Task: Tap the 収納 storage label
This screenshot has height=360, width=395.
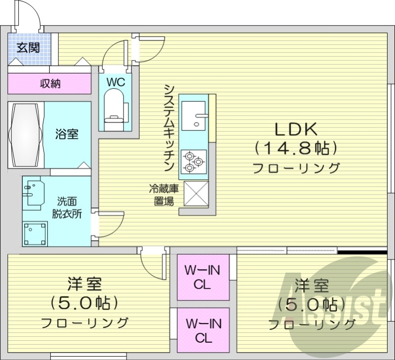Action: coord(50,83)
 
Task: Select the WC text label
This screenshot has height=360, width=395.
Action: coord(115,81)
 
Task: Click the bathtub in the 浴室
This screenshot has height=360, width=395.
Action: coord(26,134)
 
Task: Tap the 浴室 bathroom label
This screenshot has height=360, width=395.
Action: coord(67,134)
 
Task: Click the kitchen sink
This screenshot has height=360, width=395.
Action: coord(194,115)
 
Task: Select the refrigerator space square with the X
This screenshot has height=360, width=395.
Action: coord(196,194)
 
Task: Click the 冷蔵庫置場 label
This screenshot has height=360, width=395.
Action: coord(161,195)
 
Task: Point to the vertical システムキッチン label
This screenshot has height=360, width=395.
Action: coord(169,127)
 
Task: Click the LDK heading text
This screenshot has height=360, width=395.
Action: coord(295,129)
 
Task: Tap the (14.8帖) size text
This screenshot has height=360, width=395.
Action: coord(296,148)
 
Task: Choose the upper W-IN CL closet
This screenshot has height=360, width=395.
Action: coord(203,277)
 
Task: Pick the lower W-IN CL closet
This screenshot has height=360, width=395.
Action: coord(203,330)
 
